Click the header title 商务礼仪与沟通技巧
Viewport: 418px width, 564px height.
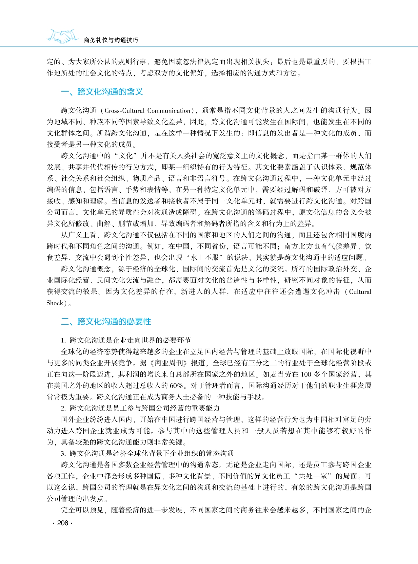click(111, 40)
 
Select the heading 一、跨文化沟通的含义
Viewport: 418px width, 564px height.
click(102, 92)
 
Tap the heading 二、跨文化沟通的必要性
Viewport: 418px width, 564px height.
click(106, 321)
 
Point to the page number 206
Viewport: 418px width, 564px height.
click(62, 523)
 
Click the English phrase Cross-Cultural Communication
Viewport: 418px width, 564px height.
click(148, 111)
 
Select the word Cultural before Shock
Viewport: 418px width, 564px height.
click(360, 292)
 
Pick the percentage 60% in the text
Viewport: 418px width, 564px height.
click(176, 386)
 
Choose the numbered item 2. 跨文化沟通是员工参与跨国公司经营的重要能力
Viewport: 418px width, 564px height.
click(140, 408)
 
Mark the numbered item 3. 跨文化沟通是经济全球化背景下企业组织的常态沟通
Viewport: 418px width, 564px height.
click(148, 454)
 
